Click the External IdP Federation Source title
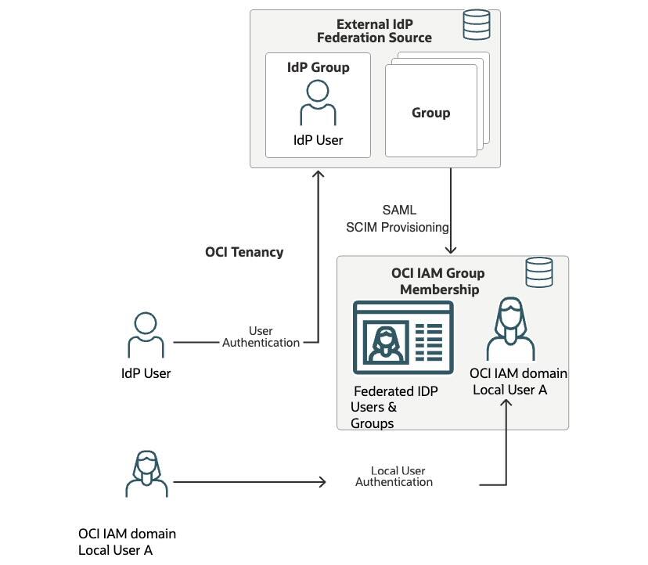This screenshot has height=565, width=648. (383, 31)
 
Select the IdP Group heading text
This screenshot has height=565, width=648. (318, 67)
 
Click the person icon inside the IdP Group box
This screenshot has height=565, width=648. (318, 103)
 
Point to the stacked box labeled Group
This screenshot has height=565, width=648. (431, 113)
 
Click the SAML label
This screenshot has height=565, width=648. (399, 211)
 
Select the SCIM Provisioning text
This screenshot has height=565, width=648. (398, 227)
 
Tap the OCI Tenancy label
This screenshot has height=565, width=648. (244, 252)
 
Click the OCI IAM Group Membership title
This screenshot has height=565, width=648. (438, 281)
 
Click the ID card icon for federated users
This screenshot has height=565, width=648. (403, 336)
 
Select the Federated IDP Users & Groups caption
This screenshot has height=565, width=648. (394, 407)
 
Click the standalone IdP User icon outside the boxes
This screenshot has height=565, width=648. (146, 335)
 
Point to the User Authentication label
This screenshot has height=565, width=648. (261, 336)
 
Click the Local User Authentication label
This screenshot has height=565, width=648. (394, 477)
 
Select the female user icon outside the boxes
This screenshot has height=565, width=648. (146, 474)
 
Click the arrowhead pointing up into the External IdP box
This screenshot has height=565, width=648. (318, 175)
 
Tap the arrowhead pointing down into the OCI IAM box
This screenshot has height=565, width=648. (451, 249)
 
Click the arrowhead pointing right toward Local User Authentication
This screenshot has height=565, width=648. (321, 482)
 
